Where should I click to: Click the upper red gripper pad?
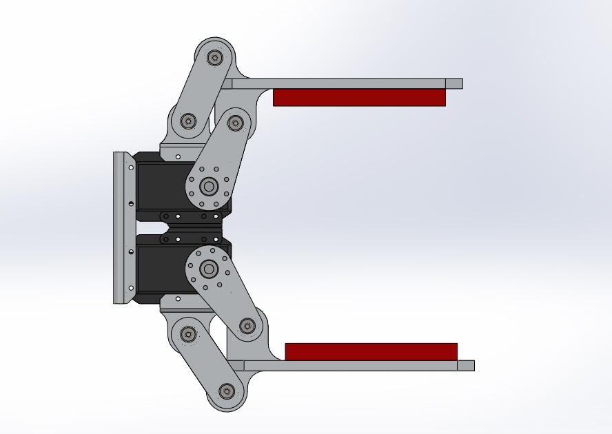pyautogui.click(x=359, y=97)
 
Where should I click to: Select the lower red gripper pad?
pyautogui.click(x=371, y=351)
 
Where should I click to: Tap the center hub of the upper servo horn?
pyautogui.click(x=209, y=186)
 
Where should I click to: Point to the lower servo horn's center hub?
pyautogui.click(x=209, y=269)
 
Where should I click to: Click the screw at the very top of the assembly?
pyautogui.click(x=214, y=58)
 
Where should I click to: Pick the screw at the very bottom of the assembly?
pyautogui.click(x=226, y=392)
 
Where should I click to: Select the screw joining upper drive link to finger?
pyautogui.click(x=236, y=123)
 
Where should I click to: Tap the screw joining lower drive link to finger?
pyautogui.click(x=247, y=327)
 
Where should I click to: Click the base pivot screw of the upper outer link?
pyautogui.click(x=188, y=121)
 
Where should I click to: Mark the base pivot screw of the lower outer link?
pyautogui.click(x=188, y=334)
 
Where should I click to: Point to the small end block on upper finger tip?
pyautogui.click(x=453, y=83)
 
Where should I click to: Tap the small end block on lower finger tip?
pyautogui.click(x=465, y=365)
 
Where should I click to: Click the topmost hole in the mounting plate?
pyautogui.click(x=131, y=167)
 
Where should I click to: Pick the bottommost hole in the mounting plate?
pyautogui.click(x=131, y=288)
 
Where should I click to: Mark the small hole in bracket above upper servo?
pyautogui.click(x=178, y=156)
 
